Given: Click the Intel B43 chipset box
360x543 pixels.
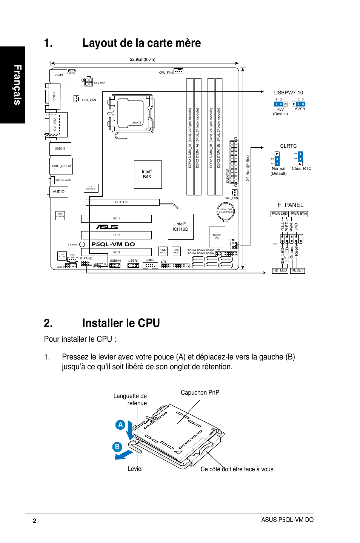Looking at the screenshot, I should click(x=148, y=174).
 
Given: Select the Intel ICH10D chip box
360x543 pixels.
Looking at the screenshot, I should click(x=180, y=227).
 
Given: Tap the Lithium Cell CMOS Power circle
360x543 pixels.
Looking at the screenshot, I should click(x=226, y=211).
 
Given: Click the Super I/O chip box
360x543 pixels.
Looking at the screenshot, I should click(x=217, y=237).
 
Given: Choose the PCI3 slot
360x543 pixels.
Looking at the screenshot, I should click(x=117, y=252).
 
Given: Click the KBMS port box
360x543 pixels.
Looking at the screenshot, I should click(x=58, y=76).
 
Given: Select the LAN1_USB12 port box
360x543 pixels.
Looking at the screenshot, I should click(x=61, y=166).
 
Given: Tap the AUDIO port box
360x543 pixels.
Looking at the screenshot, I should click(x=58, y=192).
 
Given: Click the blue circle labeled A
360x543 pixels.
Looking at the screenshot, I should click(x=120, y=424).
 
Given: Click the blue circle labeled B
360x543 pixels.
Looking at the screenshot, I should click(x=117, y=447).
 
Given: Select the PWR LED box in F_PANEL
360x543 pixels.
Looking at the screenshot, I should click(x=280, y=214).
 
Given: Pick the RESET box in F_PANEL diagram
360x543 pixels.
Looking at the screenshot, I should click(x=297, y=270).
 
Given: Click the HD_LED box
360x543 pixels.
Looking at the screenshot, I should click(x=280, y=270).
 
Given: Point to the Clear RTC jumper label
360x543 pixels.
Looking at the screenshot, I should click(x=302, y=169).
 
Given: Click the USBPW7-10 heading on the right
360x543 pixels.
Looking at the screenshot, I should click(x=288, y=93).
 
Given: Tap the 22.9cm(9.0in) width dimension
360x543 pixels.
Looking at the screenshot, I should click(x=142, y=59).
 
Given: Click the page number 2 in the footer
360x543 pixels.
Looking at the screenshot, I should click(x=34, y=521).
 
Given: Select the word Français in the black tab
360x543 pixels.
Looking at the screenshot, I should click(x=17, y=85).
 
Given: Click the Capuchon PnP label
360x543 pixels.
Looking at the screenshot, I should click(x=200, y=393).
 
